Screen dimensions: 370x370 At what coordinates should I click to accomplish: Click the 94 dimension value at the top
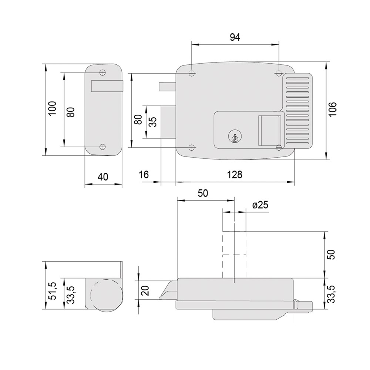pyautogui.click(x=235, y=37)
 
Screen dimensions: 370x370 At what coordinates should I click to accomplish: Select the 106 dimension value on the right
pyautogui.click(x=332, y=109)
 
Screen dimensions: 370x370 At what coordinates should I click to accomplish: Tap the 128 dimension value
pyautogui.click(x=235, y=175)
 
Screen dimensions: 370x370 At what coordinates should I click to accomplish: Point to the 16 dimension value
pyautogui.click(x=144, y=175)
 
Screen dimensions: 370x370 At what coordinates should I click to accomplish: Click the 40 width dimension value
pyautogui.click(x=103, y=177)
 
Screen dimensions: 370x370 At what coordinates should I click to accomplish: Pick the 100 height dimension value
pyautogui.click(x=52, y=108)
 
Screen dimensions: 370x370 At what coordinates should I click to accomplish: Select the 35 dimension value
pyautogui.click(x=153, y=122)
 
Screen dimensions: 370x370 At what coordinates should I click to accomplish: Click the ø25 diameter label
pyautogui.click(x=260, y=205)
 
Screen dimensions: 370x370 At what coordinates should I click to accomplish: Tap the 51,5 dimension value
pyautogui.click(x=53, y=291)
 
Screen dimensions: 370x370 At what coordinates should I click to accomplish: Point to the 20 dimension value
pyautogui.click(x=145, y=290)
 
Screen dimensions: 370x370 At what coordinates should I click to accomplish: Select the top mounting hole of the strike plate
pyautogui.click(x=102, y=73)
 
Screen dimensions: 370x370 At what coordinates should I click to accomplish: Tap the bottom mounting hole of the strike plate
pyautogui.click(x=102, y=147)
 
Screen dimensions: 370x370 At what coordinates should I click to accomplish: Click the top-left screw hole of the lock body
pyautogui.click(x=192, y=73)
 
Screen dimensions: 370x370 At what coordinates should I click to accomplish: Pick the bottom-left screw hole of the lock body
pyautogui.click(x=192, y=148)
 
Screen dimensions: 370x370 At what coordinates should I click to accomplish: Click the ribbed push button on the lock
pyautogui.click(x=297, y=111)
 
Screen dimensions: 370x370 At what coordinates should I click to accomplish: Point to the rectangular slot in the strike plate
pyautogui.click(x=107, y=86)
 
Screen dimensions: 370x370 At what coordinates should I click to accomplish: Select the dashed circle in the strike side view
pyautogui.click(x=107, y=296)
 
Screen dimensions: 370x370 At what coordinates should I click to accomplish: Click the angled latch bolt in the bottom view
pyautogui.click(x=168, y=290)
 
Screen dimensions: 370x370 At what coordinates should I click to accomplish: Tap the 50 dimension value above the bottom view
pyautogui.click(x=203, y=193)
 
